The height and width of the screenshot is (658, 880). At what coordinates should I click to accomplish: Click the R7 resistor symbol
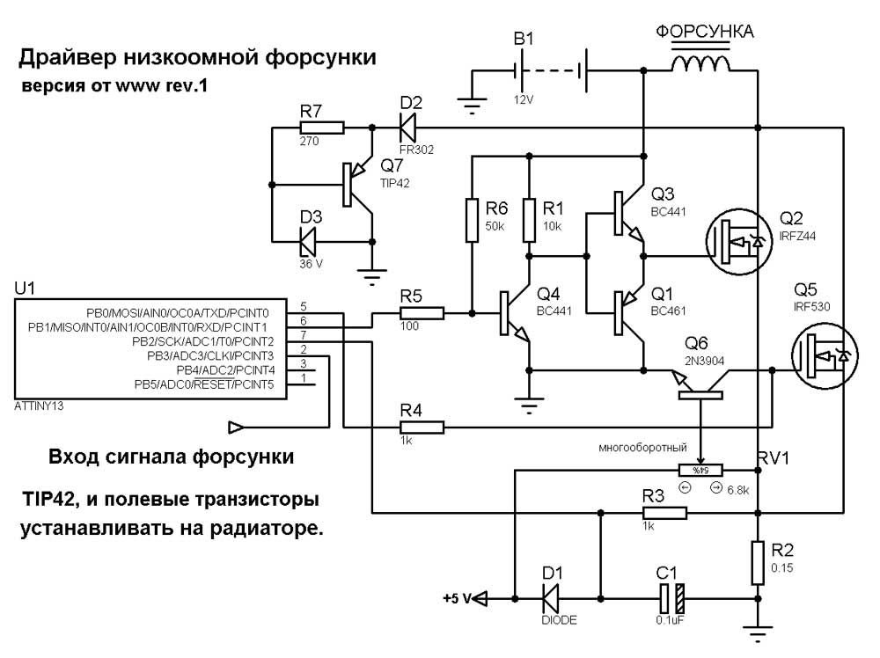[x=321, y=128]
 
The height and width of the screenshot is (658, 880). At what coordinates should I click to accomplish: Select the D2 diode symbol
[x=408, y=128]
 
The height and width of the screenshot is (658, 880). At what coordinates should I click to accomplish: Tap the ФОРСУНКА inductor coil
[x=701, y=63]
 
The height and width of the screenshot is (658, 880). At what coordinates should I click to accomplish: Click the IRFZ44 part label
[x=797, y=236]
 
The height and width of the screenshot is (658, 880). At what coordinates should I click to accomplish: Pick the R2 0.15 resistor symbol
[x=758, y=563]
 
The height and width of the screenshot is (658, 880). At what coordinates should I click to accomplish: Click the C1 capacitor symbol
[x=671, y=598]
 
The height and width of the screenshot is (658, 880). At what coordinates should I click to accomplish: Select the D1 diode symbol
[x=551, y=598]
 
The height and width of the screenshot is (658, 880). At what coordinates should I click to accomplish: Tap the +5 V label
[x=457, y=599]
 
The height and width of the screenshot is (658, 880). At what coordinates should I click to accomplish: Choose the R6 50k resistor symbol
[x=472, y=220]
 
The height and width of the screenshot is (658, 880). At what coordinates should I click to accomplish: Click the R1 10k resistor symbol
[x=529, y=220]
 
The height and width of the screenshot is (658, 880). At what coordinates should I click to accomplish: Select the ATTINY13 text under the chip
[x=39, y=406]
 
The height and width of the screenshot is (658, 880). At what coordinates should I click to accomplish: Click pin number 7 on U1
[x=304, y=335]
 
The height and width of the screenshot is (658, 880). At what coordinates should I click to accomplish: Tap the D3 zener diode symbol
[x=307, y=242]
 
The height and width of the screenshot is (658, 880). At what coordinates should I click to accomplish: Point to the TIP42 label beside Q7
[x=394, y=184]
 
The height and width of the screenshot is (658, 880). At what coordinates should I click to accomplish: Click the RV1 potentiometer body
[x=701, y=470]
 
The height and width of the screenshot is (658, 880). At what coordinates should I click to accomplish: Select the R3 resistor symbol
[x=664, y=513]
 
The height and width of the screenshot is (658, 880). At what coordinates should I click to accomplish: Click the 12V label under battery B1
[x=523, y=100]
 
